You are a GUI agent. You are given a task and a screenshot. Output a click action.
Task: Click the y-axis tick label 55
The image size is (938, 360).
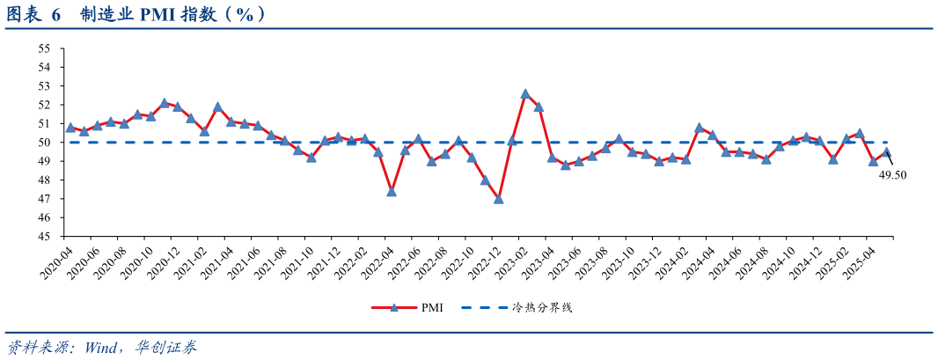click(x=44, y=48)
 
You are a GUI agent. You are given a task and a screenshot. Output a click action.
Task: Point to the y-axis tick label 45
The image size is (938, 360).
click(x=44, y=237)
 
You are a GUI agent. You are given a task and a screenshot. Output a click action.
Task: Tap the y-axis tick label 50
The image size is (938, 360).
click(x=44, y=143)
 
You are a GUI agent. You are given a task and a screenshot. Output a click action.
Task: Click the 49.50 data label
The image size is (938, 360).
click(x=892, y=175)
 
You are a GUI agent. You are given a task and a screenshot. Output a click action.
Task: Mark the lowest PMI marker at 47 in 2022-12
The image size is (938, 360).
click(x=499, y=199)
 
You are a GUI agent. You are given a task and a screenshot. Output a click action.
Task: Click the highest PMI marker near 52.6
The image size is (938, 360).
click(x=525, y=93)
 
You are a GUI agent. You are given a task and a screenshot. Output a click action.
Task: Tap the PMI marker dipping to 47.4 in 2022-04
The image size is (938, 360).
click(x=392, y=191)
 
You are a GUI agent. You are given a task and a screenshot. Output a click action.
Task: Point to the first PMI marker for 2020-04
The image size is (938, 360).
click(x=70, y=128)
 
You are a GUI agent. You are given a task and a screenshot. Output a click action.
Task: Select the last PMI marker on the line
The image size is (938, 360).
click(x=887, y=151)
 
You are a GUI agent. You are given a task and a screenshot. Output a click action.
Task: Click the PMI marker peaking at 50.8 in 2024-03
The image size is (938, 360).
click(x=699, y=128)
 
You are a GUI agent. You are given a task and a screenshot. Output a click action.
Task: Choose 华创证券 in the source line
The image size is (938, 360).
click(x=166, y=348)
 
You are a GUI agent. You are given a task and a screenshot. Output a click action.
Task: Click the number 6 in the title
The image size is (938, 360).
click(x=55, y=15)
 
